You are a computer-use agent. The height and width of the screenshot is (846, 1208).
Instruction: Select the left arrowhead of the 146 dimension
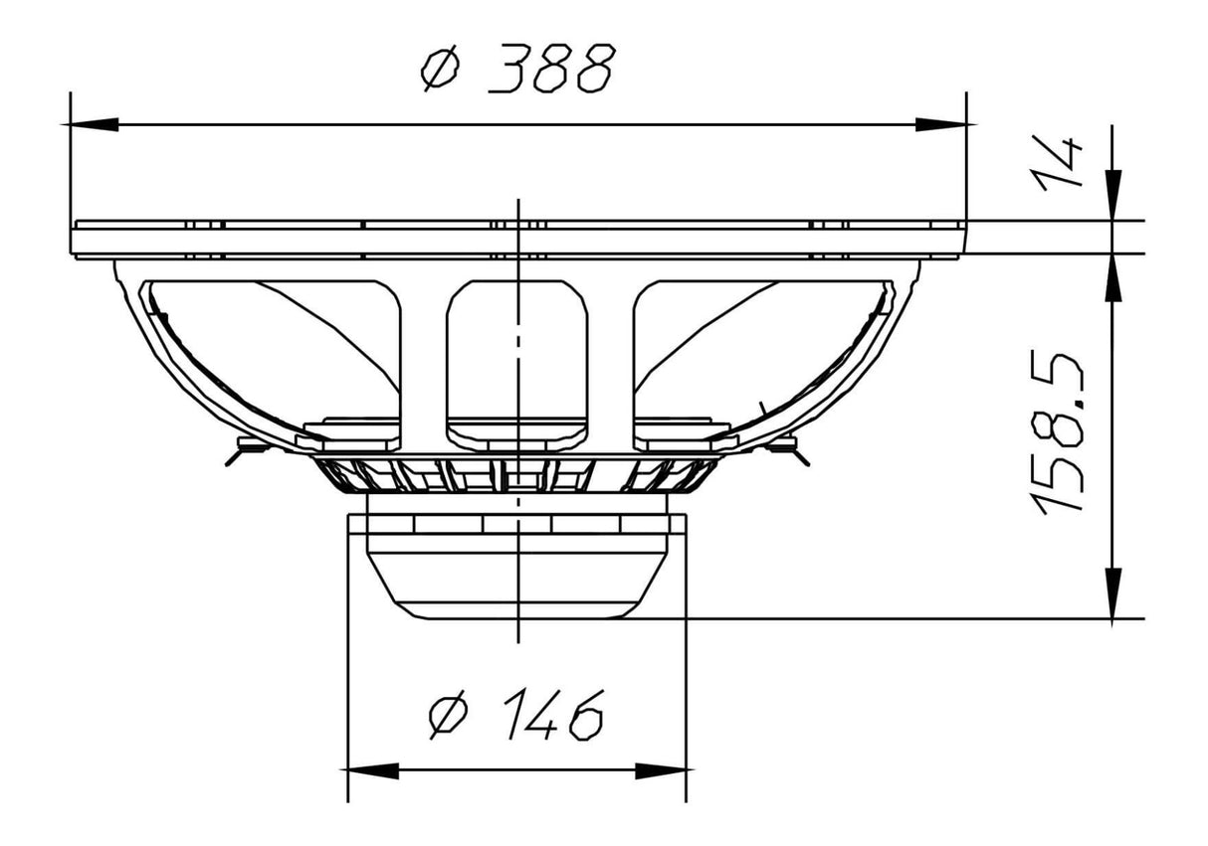click(x=372, y=771)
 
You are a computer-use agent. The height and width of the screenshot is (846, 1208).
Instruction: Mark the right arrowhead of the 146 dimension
click(x=661, y=771)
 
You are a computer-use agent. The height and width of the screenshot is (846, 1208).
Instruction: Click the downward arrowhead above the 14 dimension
click(x=1112, y=195)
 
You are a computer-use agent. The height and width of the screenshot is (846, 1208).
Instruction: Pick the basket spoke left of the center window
click(x=424, y=358)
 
